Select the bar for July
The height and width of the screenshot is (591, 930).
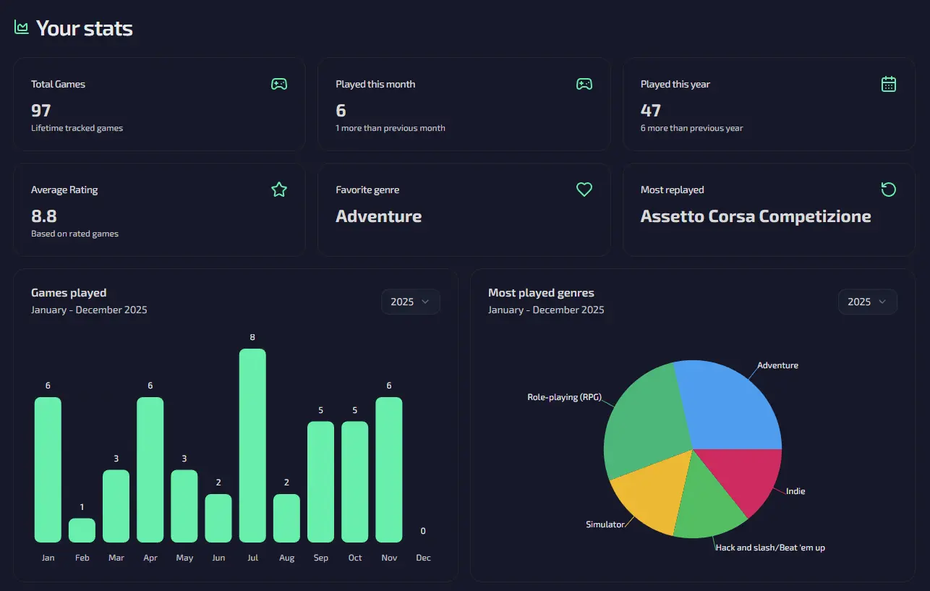[x=252, y=445]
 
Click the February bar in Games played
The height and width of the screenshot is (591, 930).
[x=82, y=530]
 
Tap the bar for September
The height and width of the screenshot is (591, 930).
[x=320, y=481]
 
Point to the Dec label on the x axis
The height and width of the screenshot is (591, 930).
[x=423, y=558]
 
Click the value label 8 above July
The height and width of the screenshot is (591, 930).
[x=252, y=337]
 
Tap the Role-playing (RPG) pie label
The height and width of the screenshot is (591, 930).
[x=564, y=397]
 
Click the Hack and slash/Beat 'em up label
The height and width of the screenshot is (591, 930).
[x=770, y=548]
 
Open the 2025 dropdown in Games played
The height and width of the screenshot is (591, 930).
[x=410, y=302]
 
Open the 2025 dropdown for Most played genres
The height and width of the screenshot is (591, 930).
[x=867, y=302]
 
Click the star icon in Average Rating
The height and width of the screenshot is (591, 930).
[x=279, y=190]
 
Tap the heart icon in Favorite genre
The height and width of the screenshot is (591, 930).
[x=584, y=190]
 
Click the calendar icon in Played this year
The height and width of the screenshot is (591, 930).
[x=889, y=84]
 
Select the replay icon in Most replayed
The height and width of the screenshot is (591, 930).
[x=889, y=190]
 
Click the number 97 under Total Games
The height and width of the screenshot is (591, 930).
[x=41, y=110]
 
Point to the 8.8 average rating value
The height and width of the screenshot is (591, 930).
[x=44, y=216]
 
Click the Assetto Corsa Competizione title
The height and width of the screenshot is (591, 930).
[x=756, y=216]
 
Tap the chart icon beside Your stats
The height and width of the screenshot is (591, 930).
[x=22, y=27]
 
